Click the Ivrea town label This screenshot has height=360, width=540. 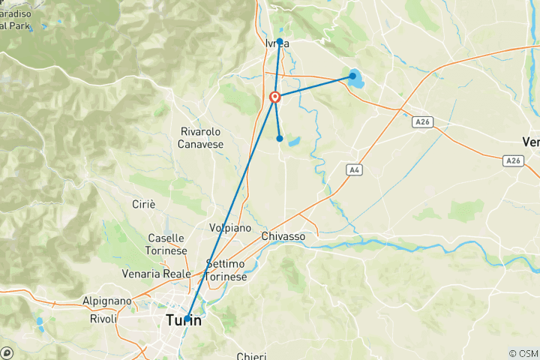click(x=276, y=43)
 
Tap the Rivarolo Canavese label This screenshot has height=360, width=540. click(x=202, y=137)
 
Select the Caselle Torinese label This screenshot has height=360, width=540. click(x=166, y=243)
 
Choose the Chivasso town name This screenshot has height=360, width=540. click(x=283, y=236)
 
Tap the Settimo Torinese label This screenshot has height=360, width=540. click(x=226, y=271)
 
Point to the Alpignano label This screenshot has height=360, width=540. click(x=107, y=301)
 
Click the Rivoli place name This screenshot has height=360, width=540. click(x=103, y=319)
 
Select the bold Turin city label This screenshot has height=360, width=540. click(x=183, y=321)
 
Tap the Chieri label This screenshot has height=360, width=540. click(x=250, y=356)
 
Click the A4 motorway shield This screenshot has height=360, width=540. click(x=353, y=171)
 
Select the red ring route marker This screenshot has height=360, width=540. click(x=275, y=97)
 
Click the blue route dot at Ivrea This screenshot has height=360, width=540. click(x=280, y=41)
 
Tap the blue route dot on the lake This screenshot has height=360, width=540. click(x=352, y=76)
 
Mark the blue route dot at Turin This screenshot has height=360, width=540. click(x=187, y=319)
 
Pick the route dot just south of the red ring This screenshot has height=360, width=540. click(x=280, y=138)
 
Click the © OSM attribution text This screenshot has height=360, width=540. click(x=523, y=353)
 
